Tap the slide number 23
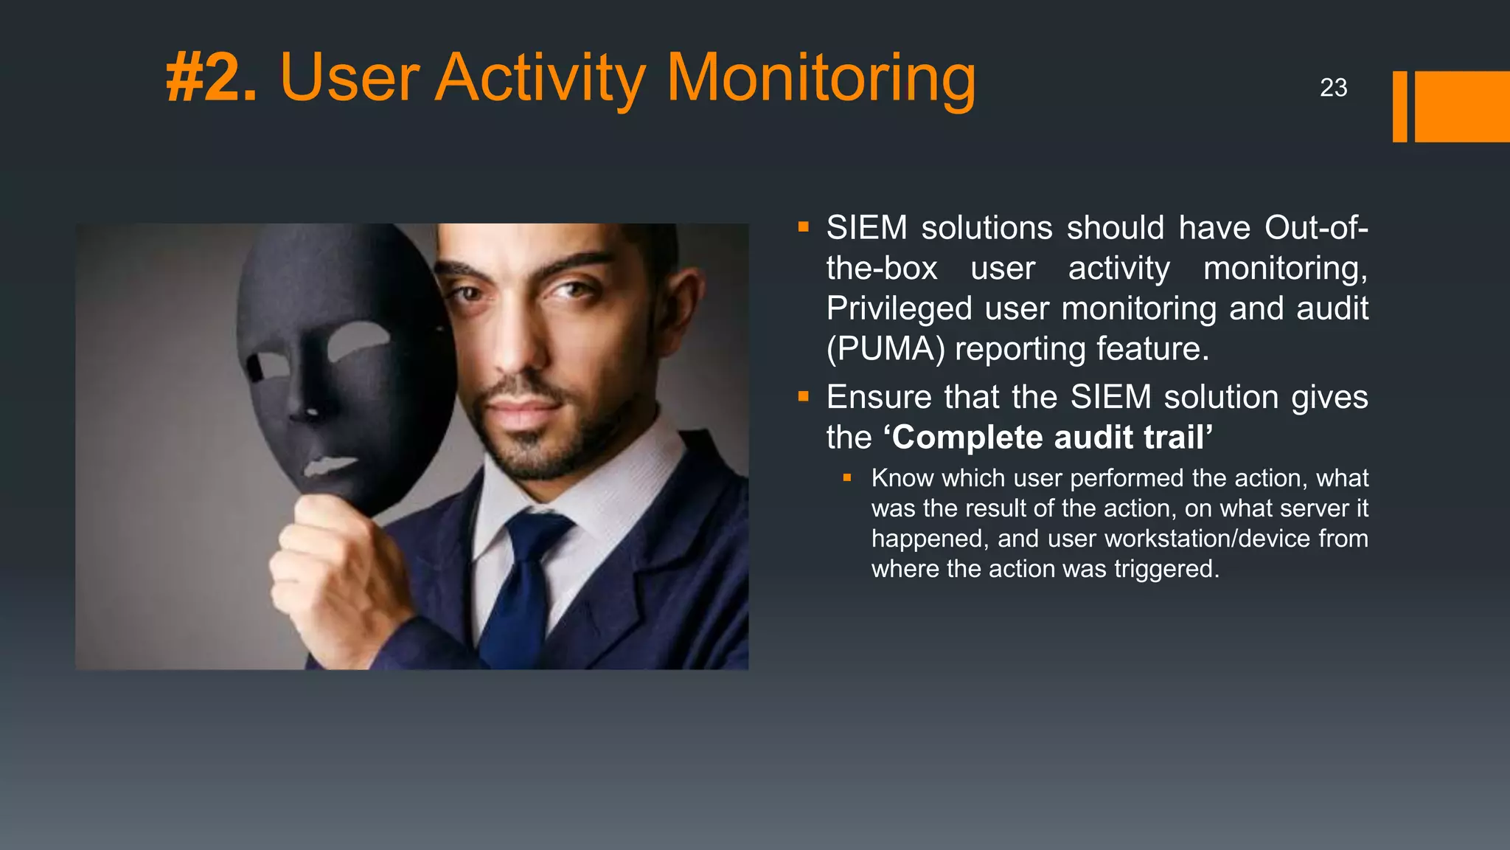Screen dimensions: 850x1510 click(1333, 88)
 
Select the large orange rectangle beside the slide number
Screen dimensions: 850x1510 click(1461, 106)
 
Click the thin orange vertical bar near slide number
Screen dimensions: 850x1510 click(1399, 106)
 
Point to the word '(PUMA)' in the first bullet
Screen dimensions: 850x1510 click(885, 349)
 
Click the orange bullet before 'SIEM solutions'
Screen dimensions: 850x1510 click(804, 228)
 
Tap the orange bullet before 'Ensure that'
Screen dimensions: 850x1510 click(804, 398)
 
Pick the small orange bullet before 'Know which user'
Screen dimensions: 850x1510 click(847, 478)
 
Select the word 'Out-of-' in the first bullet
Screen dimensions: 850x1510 click(1316, 228)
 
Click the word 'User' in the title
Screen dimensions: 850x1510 click(349, 78)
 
